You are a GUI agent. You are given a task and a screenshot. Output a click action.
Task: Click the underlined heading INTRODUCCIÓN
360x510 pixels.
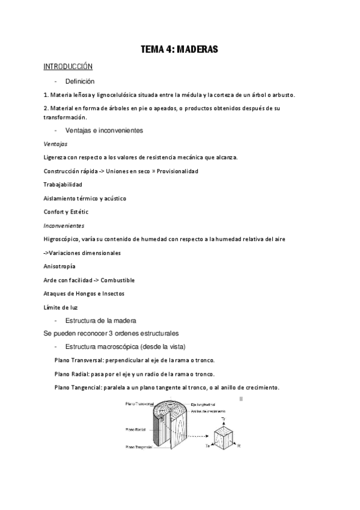click(68, 66)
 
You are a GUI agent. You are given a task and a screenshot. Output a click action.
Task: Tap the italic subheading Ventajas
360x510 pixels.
click(56, 144)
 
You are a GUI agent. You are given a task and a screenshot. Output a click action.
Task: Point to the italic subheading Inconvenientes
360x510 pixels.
click(64, 226)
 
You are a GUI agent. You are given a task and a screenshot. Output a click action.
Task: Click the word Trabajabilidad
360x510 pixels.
click(63, 184)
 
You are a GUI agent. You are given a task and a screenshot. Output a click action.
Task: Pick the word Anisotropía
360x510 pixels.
click(59, 266)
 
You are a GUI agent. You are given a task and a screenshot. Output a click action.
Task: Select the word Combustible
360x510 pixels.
click(118, 280)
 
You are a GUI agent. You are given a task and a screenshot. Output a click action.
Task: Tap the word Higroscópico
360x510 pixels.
click(63, 239)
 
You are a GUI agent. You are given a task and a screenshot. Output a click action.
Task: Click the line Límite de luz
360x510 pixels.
click(61, 307)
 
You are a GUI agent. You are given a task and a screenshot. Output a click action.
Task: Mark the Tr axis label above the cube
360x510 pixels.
click(223, 419)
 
